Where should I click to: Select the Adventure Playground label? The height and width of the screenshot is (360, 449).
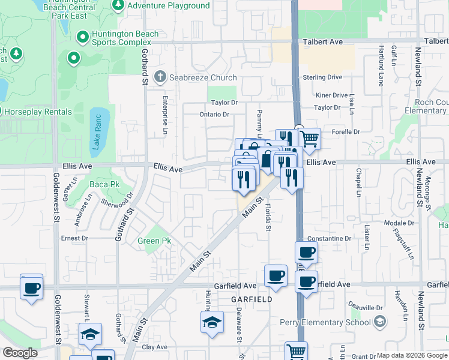(x=169, y=6)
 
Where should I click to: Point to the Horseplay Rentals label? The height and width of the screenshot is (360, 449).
(x=37, y=112)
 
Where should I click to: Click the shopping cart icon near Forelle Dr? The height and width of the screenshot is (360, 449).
(x=309, y=139)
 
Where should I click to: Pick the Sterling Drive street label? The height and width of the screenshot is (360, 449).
(x=322, y=77)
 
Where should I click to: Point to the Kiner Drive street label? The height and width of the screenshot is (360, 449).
(x=331, y=95)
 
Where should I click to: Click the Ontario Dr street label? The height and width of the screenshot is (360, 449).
(x=215, y=115)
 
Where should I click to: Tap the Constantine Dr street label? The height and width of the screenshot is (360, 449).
(x=331, y=239)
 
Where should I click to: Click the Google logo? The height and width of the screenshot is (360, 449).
(x=19, y=353)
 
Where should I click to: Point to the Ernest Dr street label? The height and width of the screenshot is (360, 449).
(x=74, y=238)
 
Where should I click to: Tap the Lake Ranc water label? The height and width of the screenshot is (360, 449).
(x=97, y=133)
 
